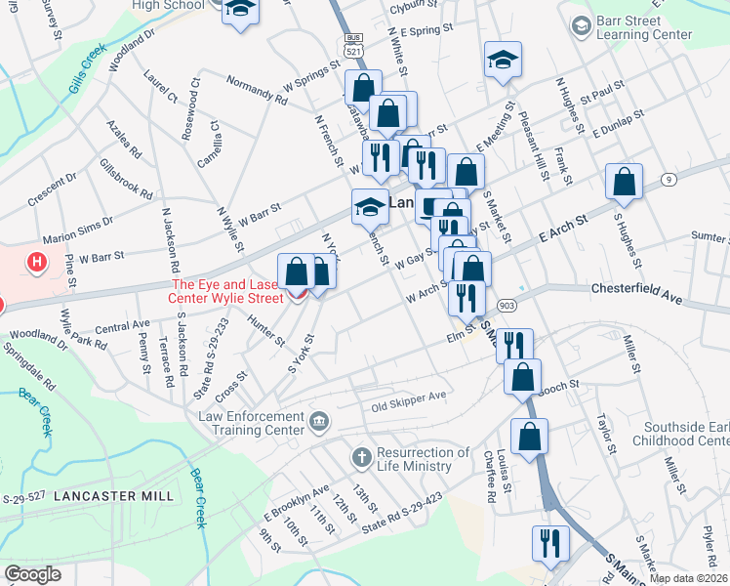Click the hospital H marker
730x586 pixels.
(x=37, y=262)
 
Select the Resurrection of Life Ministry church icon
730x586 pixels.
(x=361, y=457)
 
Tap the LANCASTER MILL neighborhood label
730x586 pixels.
(x=113, y=496)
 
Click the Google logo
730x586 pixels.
(x=32, y=574)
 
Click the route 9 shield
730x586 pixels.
(x=669, y=180)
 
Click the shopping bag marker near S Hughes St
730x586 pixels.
(x=624, y=182)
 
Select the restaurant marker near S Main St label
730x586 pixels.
(x=549, y=544)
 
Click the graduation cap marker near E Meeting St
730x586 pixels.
(x=503, y=60)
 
